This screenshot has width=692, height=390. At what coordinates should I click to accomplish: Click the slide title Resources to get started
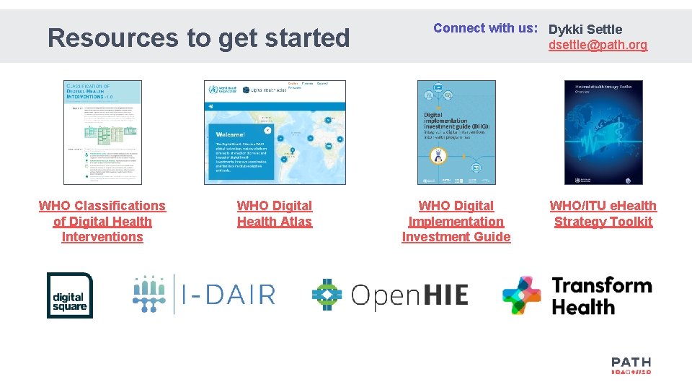[198, 38]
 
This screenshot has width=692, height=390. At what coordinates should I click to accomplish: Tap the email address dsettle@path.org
[598, 45]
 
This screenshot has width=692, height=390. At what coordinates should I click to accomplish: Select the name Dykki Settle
[585, 30]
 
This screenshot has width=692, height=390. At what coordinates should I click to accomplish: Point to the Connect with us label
[485, 28]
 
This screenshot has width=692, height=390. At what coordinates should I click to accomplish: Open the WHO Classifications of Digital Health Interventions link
[102, 221]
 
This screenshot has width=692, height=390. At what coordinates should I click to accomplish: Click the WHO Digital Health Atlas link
[275, 214]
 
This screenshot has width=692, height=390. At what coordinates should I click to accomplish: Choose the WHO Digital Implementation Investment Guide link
[456, 221]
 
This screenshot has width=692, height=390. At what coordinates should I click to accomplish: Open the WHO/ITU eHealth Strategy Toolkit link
[603, 214]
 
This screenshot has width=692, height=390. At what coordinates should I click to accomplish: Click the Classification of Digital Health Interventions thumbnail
[102, 132]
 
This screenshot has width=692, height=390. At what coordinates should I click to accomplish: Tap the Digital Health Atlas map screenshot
[275, 132]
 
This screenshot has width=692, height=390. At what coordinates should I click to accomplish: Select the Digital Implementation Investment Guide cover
[456, 132]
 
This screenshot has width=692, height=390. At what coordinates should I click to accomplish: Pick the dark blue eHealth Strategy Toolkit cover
[603, 132]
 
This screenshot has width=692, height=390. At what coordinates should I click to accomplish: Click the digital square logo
[70, 295]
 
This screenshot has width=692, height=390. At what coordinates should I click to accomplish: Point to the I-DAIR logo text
[228, 295]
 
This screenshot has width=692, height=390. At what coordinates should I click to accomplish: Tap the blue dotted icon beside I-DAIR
[150, 294]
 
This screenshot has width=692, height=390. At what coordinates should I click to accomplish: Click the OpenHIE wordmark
[409, 295]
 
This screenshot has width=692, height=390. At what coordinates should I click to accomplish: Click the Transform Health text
[601, 295]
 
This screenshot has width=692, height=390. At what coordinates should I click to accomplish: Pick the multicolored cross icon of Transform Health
[522, 295]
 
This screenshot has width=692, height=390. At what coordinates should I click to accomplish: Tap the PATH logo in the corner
[631, 365]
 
